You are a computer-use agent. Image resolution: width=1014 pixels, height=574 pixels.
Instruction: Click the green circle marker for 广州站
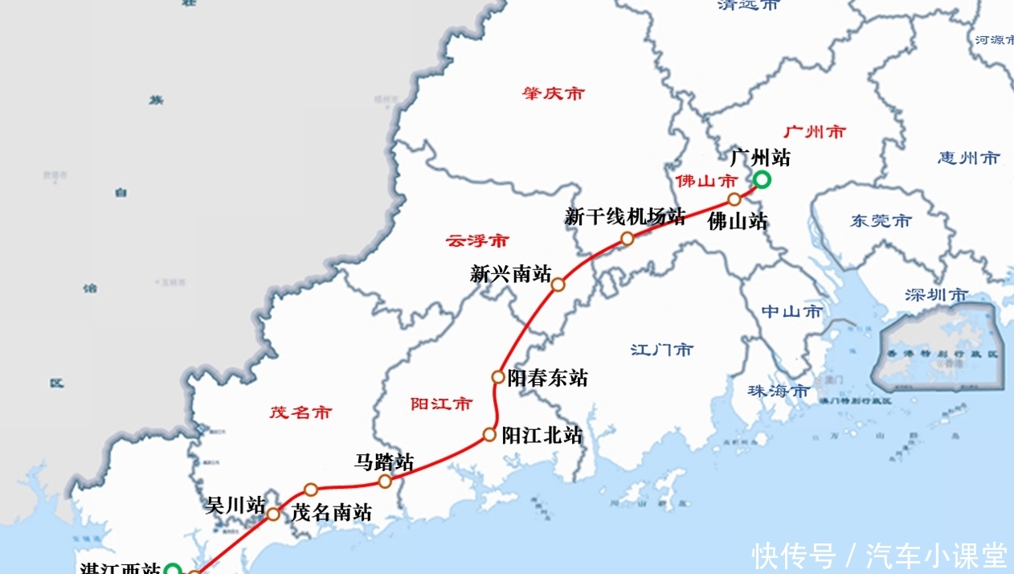(762, 180)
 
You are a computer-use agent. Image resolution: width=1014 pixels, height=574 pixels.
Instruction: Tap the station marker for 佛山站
(734, 199)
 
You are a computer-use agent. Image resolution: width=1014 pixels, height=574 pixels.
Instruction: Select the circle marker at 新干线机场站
(627, 239)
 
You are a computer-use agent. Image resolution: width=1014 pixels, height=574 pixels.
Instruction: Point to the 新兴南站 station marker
(558, 285)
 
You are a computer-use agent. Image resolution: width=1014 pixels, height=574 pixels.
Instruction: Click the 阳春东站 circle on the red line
(498, 376)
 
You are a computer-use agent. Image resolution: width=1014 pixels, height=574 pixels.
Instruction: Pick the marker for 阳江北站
(489, 435)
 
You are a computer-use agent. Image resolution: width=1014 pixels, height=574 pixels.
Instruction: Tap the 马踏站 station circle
(385, 482)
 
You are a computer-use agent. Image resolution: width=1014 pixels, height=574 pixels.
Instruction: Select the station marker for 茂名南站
(311, 489)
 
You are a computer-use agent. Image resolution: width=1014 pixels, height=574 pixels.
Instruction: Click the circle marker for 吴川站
(273, 514)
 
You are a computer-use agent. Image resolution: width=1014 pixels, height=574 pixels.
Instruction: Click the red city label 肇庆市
(553, 94)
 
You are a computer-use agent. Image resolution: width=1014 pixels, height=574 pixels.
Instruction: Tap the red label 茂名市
(301, 412)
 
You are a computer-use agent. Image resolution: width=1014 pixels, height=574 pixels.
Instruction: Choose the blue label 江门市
(661, 350)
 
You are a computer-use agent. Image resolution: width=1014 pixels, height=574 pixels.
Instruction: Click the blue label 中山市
(791, 311)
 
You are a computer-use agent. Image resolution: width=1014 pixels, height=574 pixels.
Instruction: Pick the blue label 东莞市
(881, 220)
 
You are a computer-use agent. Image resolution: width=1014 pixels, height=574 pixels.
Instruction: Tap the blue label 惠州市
(968, 158)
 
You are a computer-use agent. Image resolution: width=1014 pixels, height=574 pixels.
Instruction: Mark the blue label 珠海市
(779, 391)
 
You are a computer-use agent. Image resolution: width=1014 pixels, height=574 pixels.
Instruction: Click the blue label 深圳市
(936, 295)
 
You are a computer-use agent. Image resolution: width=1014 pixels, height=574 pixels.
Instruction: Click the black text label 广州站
(759, 158)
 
